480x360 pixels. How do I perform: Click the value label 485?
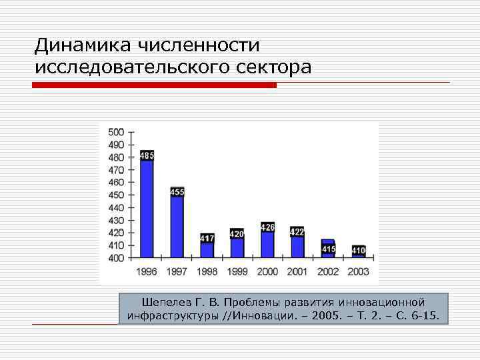click(x=147, y=156)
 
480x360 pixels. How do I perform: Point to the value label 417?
click(x=207, y=238)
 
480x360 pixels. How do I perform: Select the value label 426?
click(x=267, y=227)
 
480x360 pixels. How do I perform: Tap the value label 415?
click(x=328, y=249)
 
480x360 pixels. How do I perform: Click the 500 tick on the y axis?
click(x=116, y=132)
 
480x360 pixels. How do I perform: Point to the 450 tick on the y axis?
click(x=116, y=195)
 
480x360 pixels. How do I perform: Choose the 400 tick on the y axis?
click(x=116, y=258)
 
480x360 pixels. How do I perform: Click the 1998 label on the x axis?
click(x=207, y=271)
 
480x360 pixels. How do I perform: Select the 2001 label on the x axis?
click(x=297, y=271)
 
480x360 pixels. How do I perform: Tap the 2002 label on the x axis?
click(x=328, y=271)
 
